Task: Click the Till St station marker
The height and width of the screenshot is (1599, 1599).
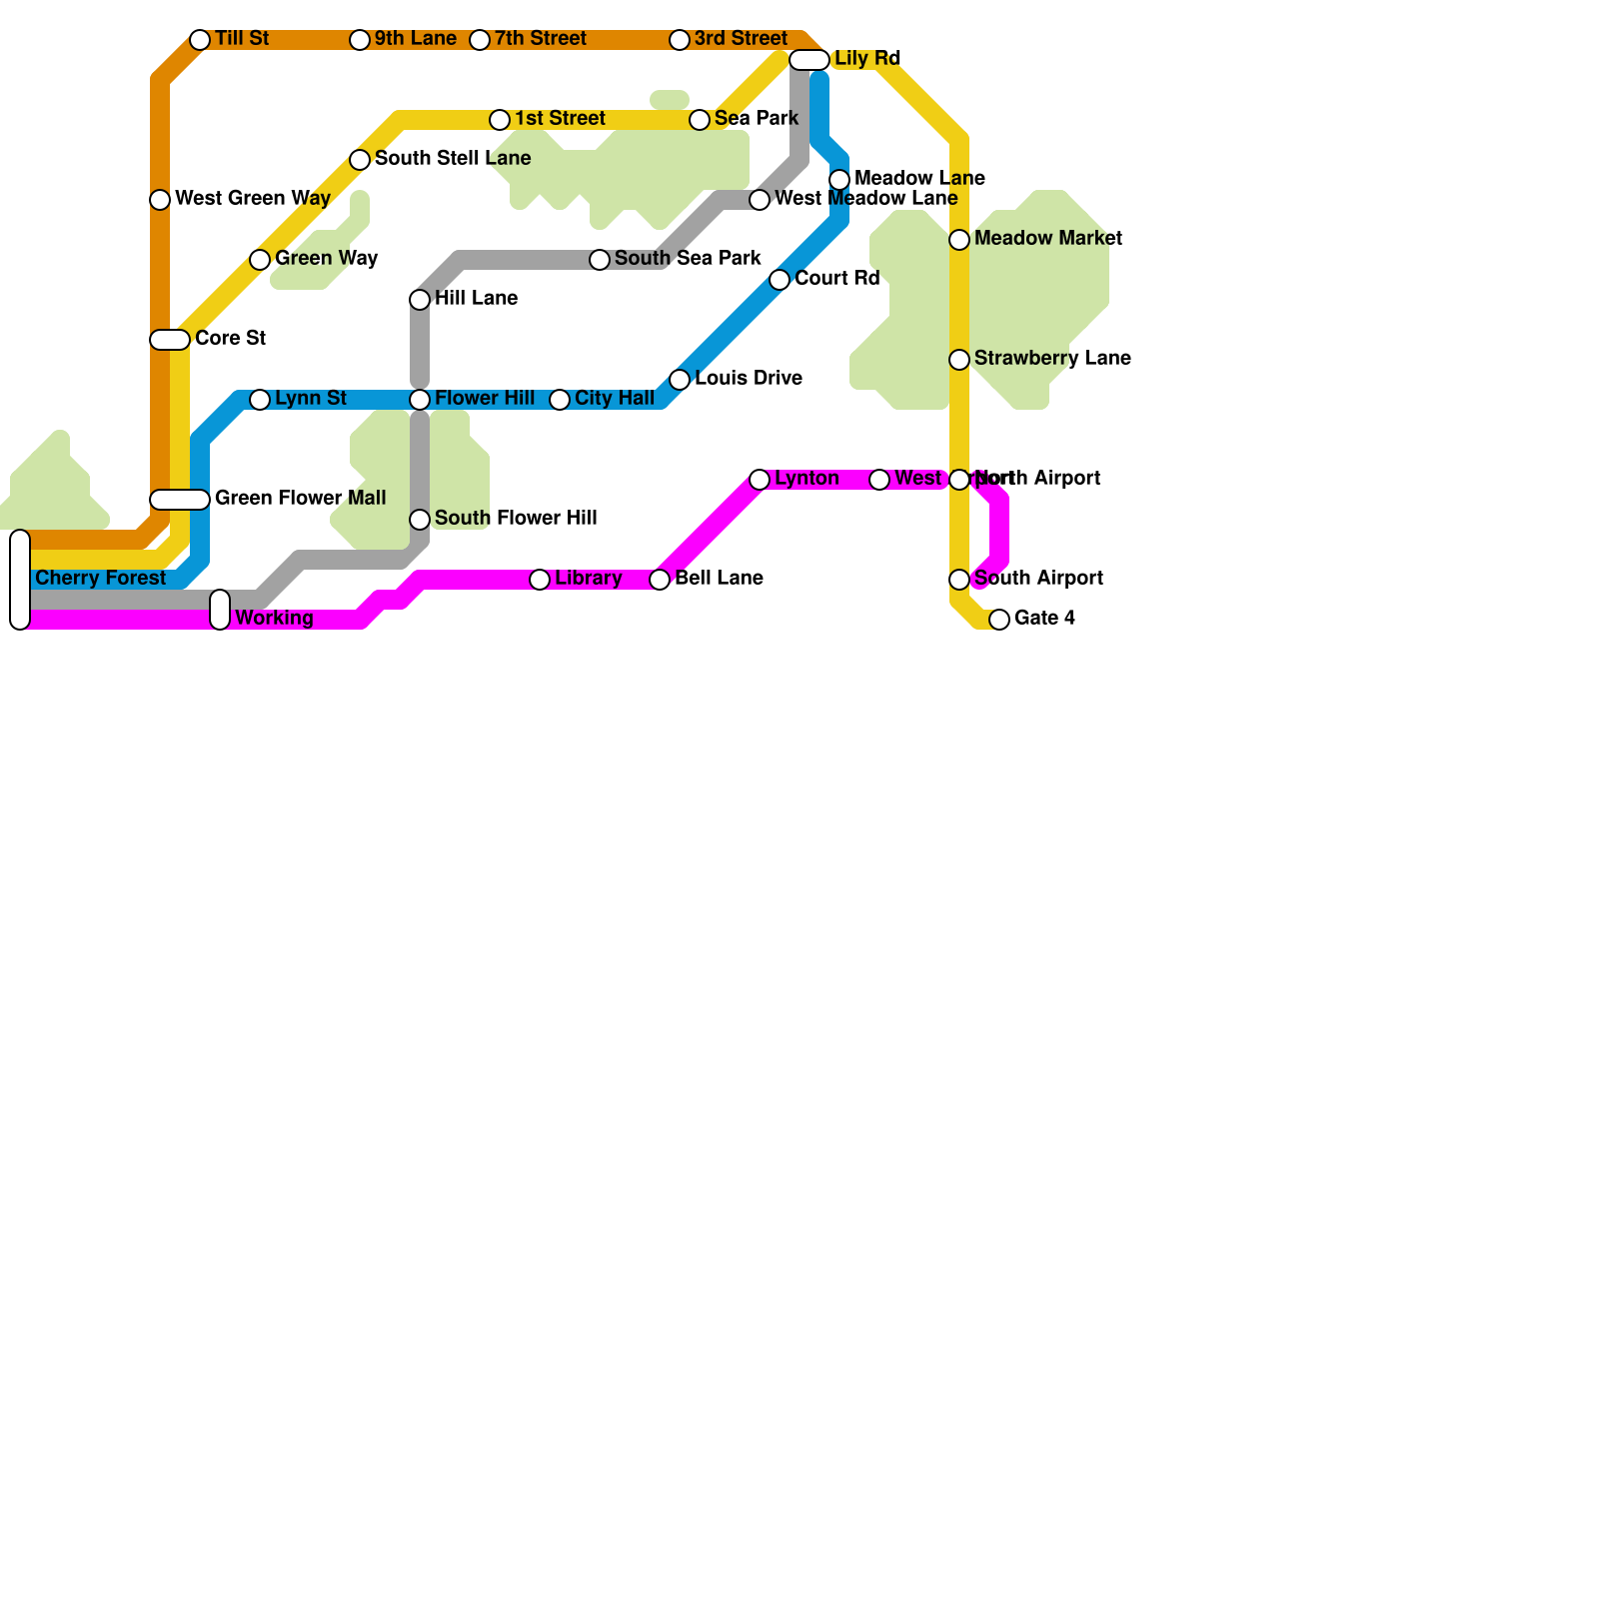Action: coord(200,40)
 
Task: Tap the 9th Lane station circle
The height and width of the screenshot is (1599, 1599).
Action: coord(360,40)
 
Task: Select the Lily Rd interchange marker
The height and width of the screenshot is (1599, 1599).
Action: coord(808,60)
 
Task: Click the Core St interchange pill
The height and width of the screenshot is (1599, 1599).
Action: coord(170,340)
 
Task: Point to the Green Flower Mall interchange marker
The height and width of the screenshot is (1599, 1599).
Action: coord(180,500)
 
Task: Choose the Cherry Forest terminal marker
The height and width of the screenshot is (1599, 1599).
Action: coord(20,580)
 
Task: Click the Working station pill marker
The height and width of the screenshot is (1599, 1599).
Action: coord(220,610)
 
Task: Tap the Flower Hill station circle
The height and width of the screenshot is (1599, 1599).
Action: coord(420,400)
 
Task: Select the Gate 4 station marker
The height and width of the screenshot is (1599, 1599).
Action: coord(999,620)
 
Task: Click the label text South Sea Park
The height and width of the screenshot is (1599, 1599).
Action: coord(688,259)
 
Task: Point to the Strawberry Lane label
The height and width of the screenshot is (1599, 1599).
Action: coord(1052,359)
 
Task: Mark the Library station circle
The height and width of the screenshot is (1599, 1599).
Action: coord(540,580)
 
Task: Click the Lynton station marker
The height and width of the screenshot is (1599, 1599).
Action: coord(760,480)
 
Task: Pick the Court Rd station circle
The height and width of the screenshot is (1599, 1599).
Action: coord(780,280)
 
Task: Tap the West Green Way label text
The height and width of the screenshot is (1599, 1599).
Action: coord(252,199)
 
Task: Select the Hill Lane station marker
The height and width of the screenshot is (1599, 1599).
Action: coord(420,300)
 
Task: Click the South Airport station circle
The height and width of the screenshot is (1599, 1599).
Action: coord(959,580)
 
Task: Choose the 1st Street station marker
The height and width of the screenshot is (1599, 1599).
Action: coord(500,120)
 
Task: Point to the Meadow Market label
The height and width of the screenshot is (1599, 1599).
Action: coord(1048,239)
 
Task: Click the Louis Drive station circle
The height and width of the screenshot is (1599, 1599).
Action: coord(680,380)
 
